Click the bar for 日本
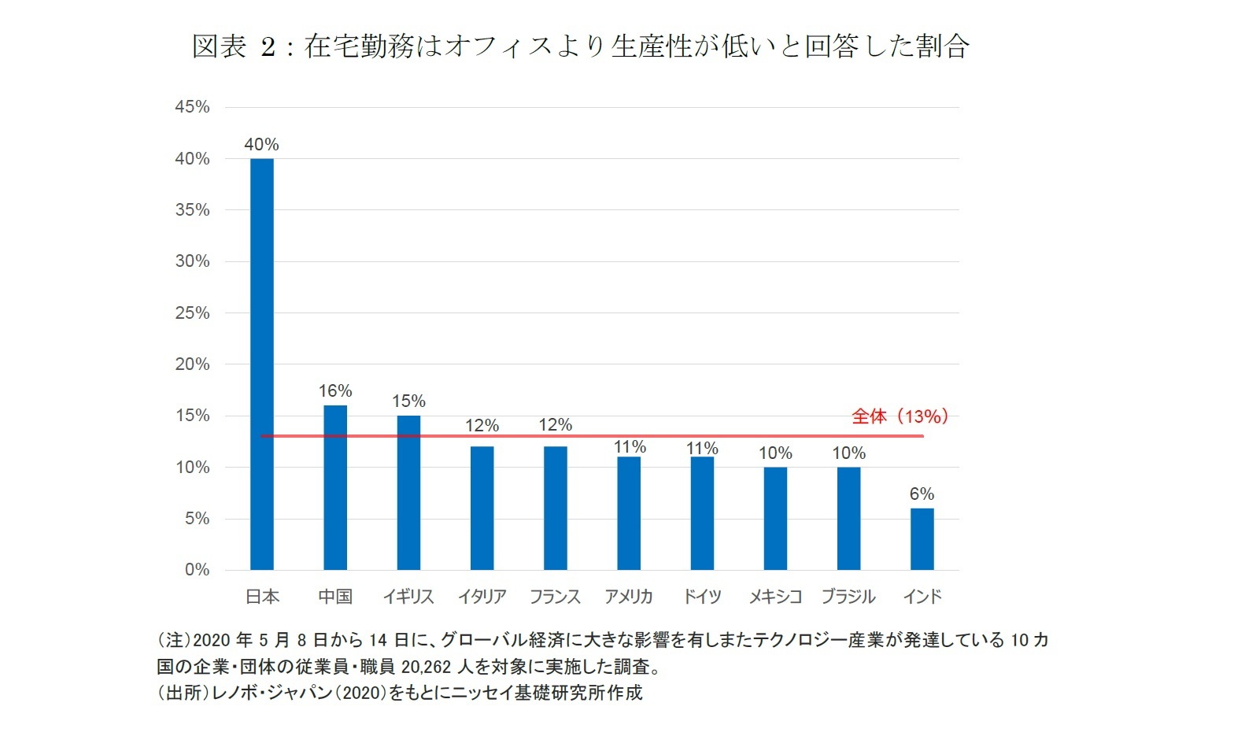(x=261, y=364)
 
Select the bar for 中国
(x=335, y=487)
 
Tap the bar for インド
(x=922, y=538)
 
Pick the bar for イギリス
(x=408, y=492)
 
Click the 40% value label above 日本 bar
(x=261, y=145)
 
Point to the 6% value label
(x=922, y=494)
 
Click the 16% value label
(x=335, y=391)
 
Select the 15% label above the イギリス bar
(x=408, y=401)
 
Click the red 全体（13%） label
(x=900, y=416)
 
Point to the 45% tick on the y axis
(x=193, y=107)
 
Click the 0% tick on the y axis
(x=197, y=570)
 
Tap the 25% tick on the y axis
(x=193, y=313)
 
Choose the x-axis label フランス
(x=555, y=597)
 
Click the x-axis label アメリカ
(x=628, y=597)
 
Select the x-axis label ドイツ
(x=702, y=597)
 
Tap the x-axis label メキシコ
(x=775, y=597)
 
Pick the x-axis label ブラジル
(x=848, y=597)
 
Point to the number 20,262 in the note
(x=426, y=667)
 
